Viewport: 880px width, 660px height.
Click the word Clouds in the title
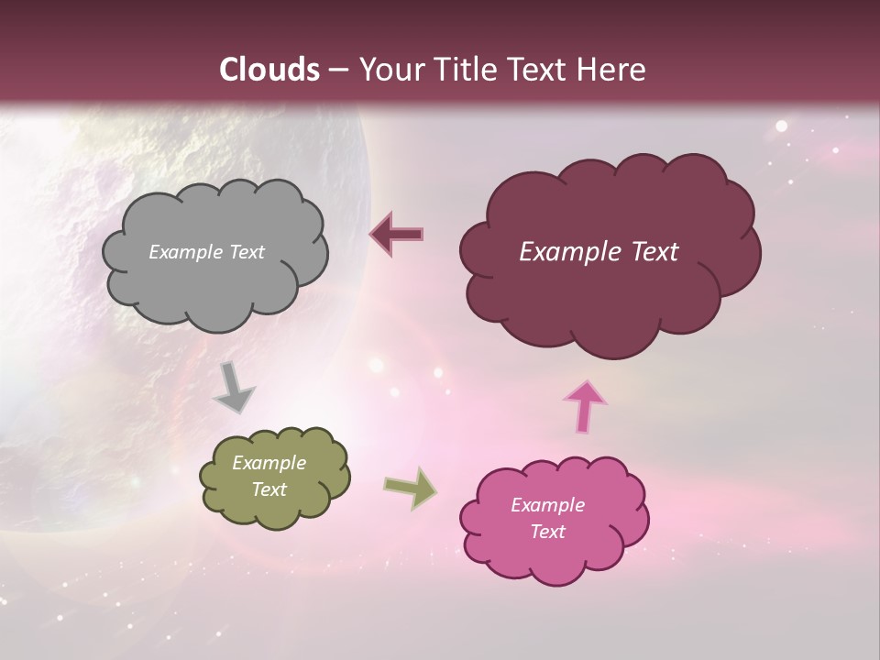269,70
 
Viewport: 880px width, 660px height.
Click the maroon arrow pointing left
397,234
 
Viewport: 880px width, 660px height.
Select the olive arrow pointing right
410,488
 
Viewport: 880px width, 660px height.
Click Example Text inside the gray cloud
206,252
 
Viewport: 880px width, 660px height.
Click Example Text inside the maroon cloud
599,252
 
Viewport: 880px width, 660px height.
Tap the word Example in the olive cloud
269,463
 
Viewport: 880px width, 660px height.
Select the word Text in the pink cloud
547,532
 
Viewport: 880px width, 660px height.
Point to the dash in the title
336,71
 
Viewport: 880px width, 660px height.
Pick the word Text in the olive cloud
269,489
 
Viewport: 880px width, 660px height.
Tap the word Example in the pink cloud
547,505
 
